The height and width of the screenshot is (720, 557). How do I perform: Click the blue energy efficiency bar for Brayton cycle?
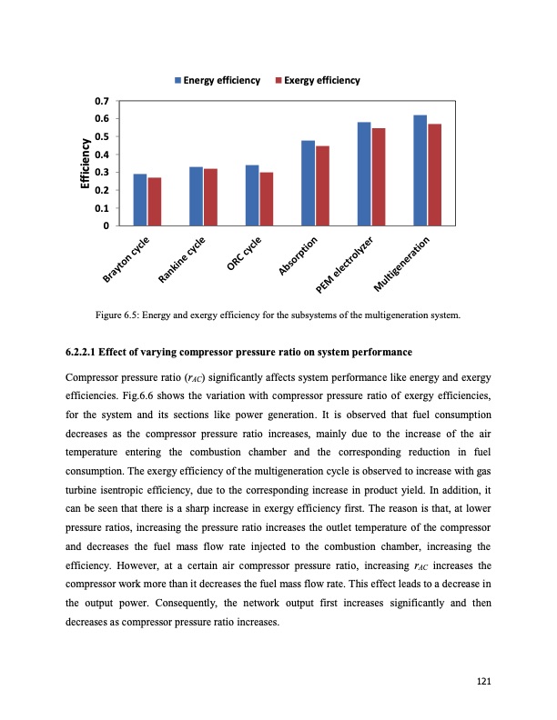(139, 199)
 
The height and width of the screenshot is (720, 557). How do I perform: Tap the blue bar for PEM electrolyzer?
(364, 174)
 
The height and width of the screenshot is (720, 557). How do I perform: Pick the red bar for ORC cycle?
(267, 198)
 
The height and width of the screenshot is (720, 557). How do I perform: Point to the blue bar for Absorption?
(308, 183)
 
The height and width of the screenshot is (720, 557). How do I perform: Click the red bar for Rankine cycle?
(210, 196)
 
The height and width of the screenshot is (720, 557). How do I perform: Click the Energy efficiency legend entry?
(218, 80)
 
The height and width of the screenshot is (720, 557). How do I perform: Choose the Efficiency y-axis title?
(85, 163)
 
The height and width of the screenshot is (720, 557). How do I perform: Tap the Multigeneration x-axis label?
(409, 265)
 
